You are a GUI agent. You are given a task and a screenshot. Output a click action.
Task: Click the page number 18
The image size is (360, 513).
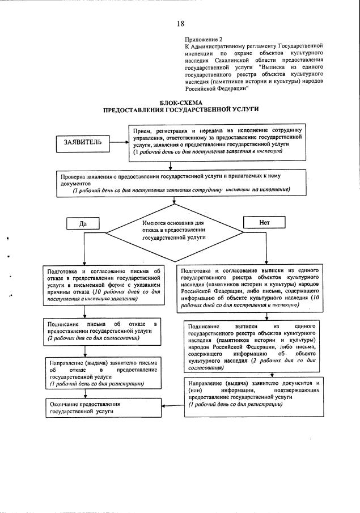180,23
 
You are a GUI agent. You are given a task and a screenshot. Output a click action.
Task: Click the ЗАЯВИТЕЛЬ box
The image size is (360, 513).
82,142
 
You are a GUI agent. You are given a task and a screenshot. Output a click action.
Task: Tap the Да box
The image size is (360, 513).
83,223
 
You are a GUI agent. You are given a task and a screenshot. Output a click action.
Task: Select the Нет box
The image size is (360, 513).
264,223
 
